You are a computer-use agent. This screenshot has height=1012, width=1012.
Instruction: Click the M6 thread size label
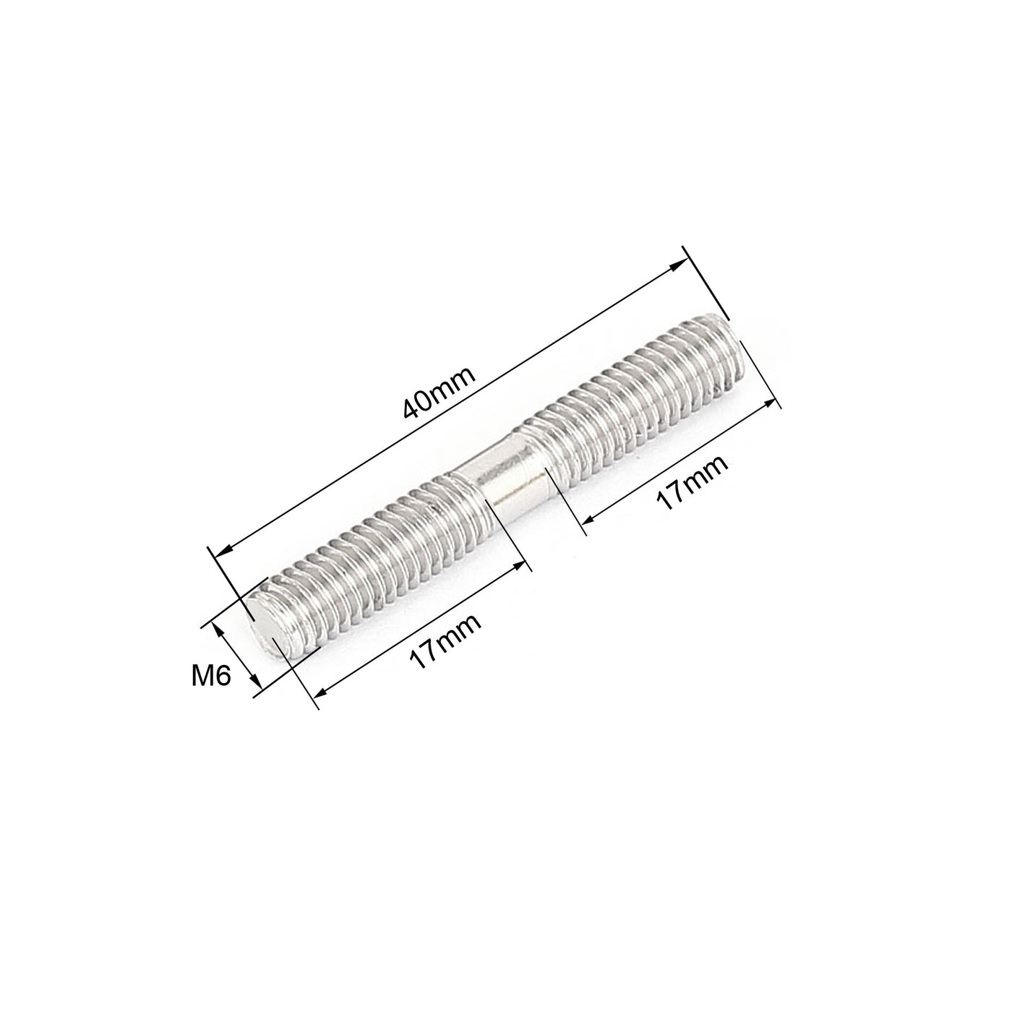pyautogui.click(x=210, y=677)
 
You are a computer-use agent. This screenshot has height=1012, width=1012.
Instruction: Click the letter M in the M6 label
pyautogui.click(x=202, y=677)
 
